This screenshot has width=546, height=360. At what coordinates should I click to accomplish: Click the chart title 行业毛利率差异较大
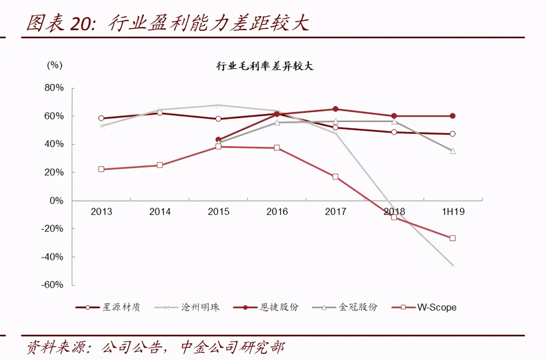(x=265, y=66)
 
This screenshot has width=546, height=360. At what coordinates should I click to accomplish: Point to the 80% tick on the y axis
(x=54, y=88)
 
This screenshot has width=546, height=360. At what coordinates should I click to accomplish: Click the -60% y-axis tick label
(x=52, y=285)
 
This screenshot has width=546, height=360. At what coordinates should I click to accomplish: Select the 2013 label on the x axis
(x=101, y=212)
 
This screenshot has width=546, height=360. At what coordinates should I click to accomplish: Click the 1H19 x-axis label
(x=453, y=212)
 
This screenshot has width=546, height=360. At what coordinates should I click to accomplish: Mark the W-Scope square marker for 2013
(x=101, y=169)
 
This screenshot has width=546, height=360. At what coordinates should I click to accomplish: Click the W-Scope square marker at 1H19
(x=452, y=238)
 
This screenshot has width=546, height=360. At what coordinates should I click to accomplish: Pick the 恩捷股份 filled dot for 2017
(x=335, y=109)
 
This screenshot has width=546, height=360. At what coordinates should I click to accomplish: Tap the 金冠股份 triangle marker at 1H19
(x=452, y=151)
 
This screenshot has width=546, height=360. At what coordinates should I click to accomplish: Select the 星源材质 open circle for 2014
(x=160, y=113)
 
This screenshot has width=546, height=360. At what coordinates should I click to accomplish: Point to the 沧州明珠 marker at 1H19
(x=452, y=265)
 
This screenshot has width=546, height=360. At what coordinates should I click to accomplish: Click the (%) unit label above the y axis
(x=55, y=65)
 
